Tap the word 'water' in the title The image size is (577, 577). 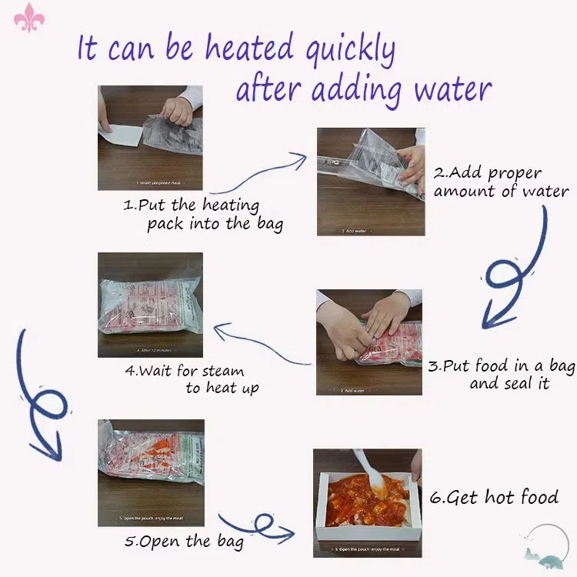(452, 89)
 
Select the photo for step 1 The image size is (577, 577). (150, 138)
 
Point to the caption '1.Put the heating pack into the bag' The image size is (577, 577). (202, 215)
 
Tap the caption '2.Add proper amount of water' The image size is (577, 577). (500, 182)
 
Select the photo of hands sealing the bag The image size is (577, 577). (369, 342)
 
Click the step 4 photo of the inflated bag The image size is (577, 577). (150, 305)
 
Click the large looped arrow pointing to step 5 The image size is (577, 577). (38, 400)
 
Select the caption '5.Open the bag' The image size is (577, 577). (184, 541)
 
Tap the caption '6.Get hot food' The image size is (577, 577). (493, 497)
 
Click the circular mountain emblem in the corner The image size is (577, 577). (549, 545)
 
